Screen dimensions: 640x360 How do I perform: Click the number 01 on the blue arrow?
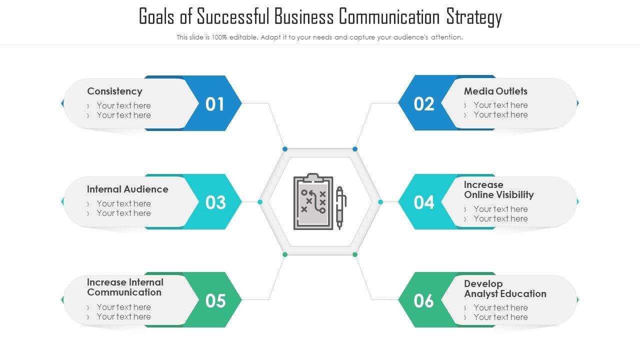coord(215,104)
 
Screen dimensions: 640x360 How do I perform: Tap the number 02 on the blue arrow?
coord(424,104)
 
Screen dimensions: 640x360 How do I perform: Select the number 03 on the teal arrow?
coord(215,202)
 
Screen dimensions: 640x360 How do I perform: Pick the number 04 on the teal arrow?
coord(424,202)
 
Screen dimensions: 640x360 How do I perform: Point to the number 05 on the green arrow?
coord(215,300)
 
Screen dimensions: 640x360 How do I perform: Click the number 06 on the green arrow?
coord(424,300)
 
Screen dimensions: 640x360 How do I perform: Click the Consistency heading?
coord(114,91)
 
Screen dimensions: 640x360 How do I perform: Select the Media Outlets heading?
coord(495,91)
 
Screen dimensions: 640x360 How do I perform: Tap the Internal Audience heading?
coord(127,189)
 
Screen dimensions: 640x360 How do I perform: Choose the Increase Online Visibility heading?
coord(498,189)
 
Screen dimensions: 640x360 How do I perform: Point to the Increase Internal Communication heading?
coord(125,287)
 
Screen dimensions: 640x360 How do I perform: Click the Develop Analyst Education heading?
coord(505,288)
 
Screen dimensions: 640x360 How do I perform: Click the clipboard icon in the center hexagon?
coord(313,202)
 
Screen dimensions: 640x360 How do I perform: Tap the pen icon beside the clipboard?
coord(340,207)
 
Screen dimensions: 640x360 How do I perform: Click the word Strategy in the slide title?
coord(474,17)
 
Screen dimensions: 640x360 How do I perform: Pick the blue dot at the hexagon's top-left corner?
coord(285,149)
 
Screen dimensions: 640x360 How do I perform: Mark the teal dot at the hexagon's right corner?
coord(380,202)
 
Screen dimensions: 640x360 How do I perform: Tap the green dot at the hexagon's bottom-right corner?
coord(355,254)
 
